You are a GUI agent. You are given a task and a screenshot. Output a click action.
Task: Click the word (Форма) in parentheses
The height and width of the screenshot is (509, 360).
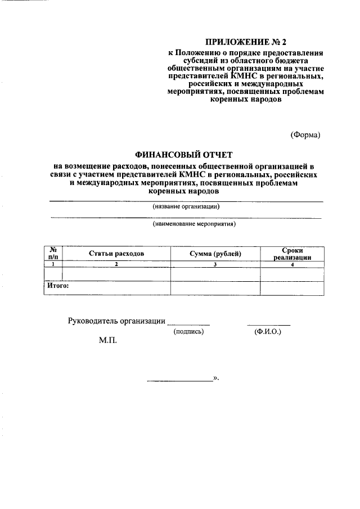(x=305, y=135)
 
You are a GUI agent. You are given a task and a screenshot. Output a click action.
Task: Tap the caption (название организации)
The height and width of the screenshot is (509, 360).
(x=186, y=206)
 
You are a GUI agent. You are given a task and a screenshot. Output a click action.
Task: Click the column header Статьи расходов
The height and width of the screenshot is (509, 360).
(x=116, y=254)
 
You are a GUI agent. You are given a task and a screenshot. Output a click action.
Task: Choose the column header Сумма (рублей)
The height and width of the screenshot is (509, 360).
(x=215, y=254)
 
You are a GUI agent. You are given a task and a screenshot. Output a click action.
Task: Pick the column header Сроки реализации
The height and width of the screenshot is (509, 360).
(x=292, y=254)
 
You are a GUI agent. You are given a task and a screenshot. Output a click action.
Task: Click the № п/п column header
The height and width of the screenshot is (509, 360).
(x=53, y=253)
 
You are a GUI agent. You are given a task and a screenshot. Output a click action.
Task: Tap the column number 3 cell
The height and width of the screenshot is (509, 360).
(x=215, y=264)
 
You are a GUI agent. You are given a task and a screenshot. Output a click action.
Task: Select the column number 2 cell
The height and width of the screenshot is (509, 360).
(x=116, y=264)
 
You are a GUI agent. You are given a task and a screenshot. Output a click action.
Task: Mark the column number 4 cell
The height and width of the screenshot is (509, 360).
(x=292, y=264)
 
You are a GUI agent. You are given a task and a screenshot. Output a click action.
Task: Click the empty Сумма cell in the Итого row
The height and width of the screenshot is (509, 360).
(x=215, y=287)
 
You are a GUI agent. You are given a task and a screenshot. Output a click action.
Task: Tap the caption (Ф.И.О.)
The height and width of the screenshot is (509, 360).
(x=268, y=332)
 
